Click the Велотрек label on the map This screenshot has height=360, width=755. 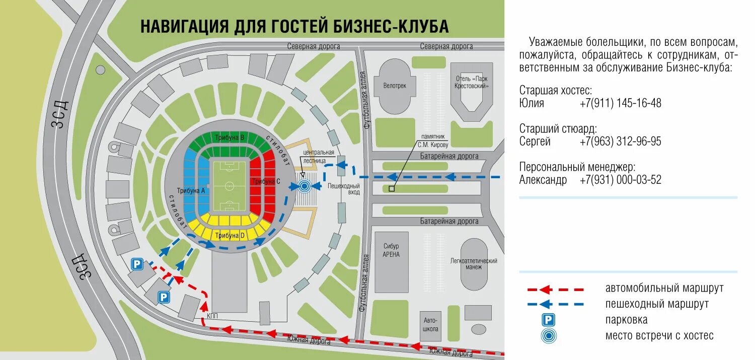(394, 86)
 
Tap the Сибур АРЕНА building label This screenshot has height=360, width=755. (391, 251)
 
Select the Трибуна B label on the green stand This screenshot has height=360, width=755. (230, 137)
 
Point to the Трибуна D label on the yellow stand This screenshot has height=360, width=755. (230, 235)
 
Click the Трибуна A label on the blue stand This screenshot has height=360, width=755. (195, 190)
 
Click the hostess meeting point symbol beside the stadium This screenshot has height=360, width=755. (304, 186)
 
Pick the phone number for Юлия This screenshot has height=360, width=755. (620, 103)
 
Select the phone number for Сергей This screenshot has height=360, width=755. (620, 141)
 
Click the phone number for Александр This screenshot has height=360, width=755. (620, 180)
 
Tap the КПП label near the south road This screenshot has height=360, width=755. (212, 316)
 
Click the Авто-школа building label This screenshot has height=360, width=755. (431, 325)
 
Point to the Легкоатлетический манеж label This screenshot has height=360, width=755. (474, 264)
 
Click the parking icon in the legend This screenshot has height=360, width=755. (548, 320)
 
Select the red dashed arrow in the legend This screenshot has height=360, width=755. (555, 290)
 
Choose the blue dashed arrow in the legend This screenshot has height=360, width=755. (555, 304)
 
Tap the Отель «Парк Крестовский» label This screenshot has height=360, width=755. (472, 82)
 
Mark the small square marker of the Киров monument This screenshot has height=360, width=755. (391, 189)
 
